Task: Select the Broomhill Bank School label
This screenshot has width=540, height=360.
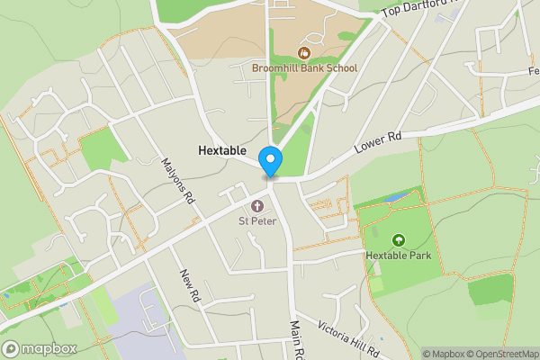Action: pyautogui.click(x=305, y=68)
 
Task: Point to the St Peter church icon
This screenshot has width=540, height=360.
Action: pyautogui.click(x=256, y=203)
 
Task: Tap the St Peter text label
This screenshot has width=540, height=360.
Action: pyautogui.click(x=256, y=220)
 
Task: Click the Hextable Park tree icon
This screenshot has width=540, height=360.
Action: pyautogui.click(x=399, y=239)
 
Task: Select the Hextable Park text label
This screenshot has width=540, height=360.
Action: pyautogui.click(x=399, y=256)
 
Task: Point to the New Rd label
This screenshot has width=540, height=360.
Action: pyautogui.click(x=188, y=284)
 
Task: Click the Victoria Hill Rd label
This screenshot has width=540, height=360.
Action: pyautogui.click(x=352, y=337)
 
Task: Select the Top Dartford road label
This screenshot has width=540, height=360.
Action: pyautogui.click(x=419, y=9)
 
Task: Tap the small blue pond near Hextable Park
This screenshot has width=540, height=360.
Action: pyautogui.click(x=397, y=197)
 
